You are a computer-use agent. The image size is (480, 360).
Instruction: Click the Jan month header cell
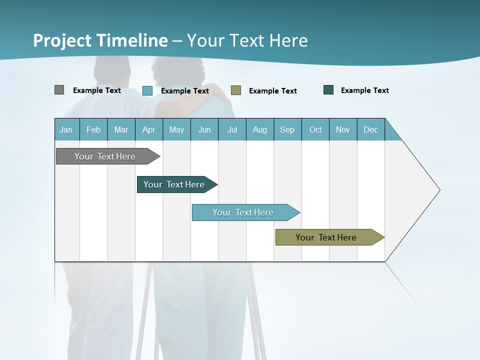coord(66,129)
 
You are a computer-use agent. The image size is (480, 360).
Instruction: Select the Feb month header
coord(93,129)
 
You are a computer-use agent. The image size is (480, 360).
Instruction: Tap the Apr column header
coord(148,129)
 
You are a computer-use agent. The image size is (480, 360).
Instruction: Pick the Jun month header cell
coord(204,129)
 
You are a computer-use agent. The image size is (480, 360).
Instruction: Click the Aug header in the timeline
coord(259,129)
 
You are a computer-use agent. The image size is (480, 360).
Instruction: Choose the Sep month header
coord(287,129)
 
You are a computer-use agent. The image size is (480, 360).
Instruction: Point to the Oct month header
coord(315,129)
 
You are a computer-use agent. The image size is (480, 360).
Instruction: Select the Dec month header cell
coord(370,129)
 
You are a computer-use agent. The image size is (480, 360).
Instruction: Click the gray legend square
coord(59,90)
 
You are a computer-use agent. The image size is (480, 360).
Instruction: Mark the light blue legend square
coord(147,90)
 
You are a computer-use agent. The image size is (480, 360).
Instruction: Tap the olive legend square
coord(236,90)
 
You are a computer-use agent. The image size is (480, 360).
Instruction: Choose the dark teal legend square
coord(328,90)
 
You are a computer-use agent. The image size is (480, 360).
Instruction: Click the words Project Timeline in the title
coord(100,40)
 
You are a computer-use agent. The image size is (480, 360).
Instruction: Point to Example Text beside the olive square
coord(272,90)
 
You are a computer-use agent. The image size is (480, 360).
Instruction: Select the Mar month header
coord(121,129)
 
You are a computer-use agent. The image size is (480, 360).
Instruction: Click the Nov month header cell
coord(342,129)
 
